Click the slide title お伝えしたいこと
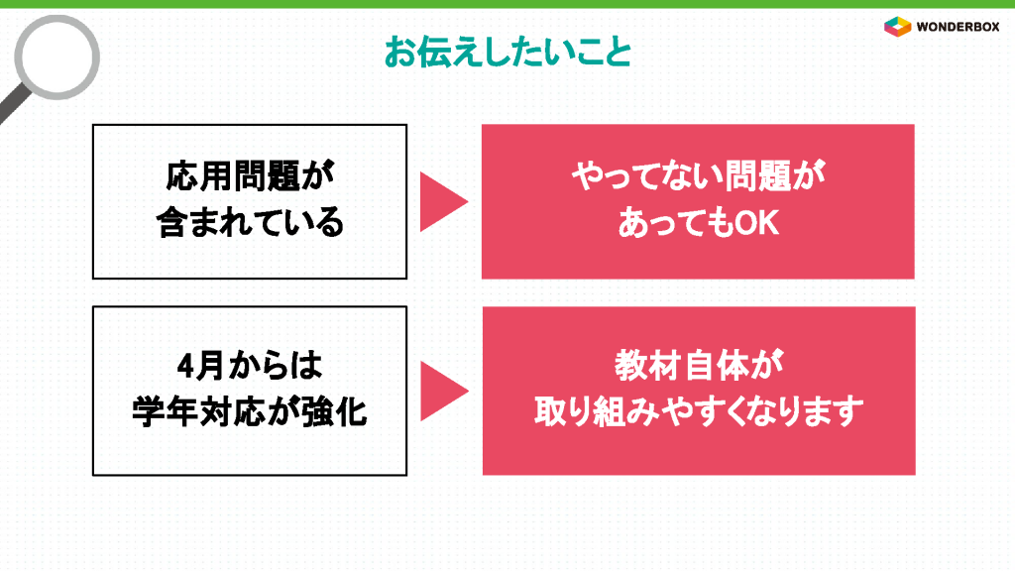pos(508,52)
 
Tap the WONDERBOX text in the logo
pos(959,27)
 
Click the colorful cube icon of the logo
pos(898,27)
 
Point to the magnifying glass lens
pos(56,57)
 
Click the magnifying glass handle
pos(14,103)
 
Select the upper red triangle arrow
pos(443,201)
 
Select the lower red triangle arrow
pos(444,391)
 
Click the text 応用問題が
pos(250,176)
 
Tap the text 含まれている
pos(250,222)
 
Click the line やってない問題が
pos(698,176)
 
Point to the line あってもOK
pos(698,223)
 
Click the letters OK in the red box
pos(756,223)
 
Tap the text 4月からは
pos(250,366)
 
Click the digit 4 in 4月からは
pos(185,367)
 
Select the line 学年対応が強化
pos(250,411)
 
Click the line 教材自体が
pos(699,366)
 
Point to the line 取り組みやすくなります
pos(699,411)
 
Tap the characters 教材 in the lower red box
pos(647,366)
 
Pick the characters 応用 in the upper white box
pos(198,176)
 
